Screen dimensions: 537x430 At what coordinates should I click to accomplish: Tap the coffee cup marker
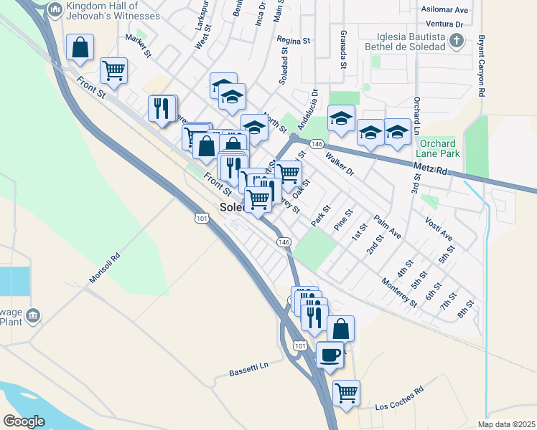click(330, 355)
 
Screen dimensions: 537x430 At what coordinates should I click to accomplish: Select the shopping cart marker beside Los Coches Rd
click(346, 393)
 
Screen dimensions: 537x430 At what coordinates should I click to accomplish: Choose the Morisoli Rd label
click(105, 267)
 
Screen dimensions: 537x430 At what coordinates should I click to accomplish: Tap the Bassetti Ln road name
click(248, 368)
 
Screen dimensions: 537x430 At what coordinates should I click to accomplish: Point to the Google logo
click(24, 421)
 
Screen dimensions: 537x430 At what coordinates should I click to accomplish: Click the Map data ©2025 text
click(506, 424)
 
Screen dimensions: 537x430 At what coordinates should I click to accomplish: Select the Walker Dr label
click(340, 163)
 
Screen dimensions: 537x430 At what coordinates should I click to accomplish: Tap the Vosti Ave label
click(439, 228)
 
